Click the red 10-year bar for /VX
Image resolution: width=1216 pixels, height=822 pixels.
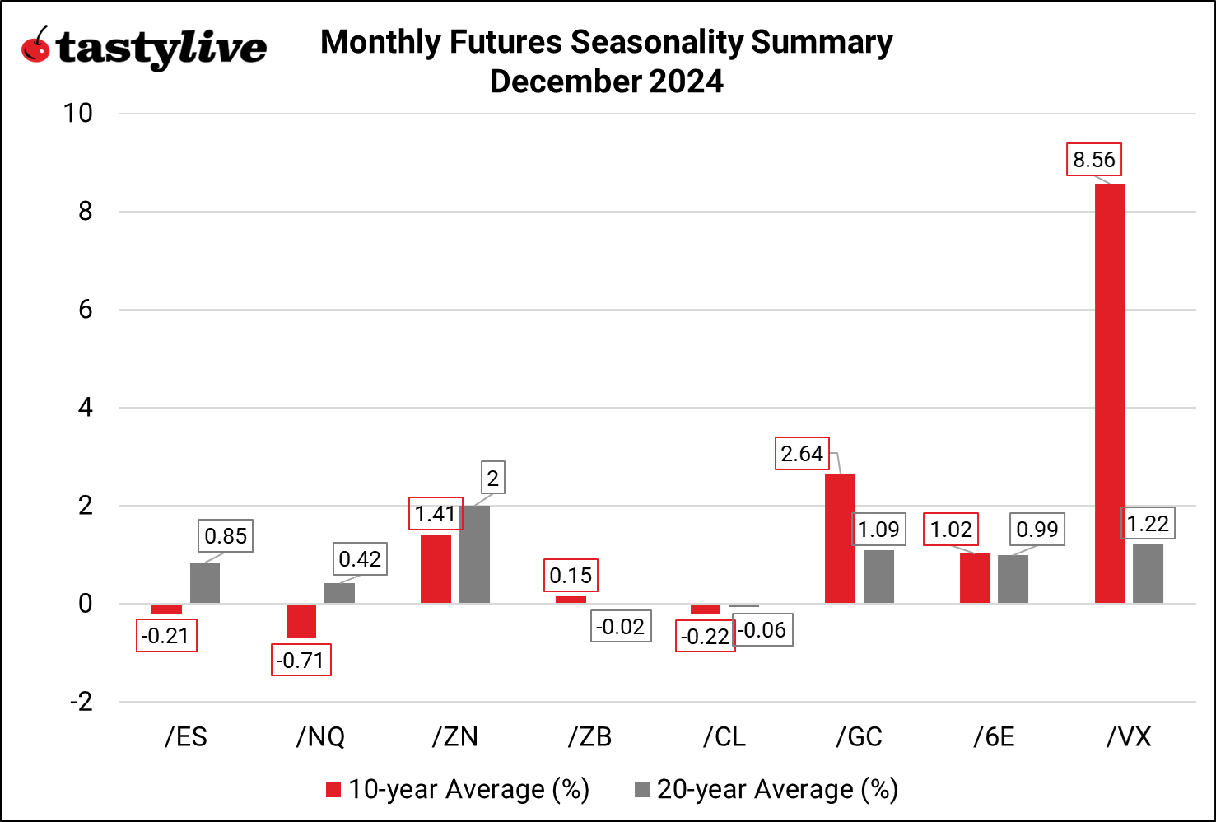click(1109, 394)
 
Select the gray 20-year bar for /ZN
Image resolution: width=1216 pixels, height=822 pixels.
click(474, 554)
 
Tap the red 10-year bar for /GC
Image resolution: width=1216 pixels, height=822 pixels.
click(840, 539)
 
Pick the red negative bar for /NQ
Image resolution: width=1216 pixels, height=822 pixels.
click(301, 621)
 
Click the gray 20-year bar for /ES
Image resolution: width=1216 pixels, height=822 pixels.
click(205, 583)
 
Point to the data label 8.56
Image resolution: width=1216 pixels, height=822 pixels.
click(1093, 159)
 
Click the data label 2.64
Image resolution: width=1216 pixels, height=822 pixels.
click(802, 454)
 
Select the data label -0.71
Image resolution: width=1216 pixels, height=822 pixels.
click(301, 660)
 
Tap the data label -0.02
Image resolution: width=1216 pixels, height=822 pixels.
click(621, 627)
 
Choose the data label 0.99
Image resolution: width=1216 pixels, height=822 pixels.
click(1037, 529)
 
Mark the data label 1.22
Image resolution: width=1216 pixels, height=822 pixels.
click(1148, 523)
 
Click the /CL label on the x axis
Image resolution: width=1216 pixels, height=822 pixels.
click(724, 736)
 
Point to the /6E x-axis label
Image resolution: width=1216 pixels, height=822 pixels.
click(994, 736)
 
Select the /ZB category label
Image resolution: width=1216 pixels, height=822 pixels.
click(589, 736)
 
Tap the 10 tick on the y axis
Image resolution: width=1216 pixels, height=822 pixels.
click(78, 114)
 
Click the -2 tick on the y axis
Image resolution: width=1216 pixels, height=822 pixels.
click(81, 702)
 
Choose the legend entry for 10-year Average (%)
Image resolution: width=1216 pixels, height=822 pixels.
click(458, 789)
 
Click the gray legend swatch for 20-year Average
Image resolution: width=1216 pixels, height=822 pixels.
click(642, 790)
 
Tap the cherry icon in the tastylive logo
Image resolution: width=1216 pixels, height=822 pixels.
click(36, 46)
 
